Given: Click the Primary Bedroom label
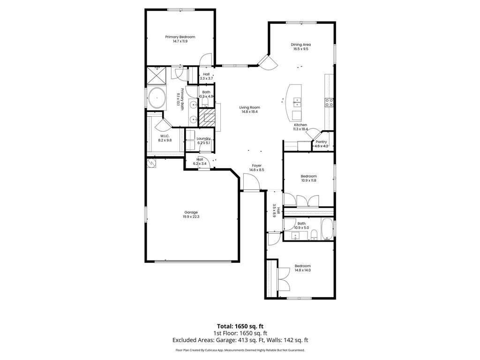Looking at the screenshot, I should click(180, 37).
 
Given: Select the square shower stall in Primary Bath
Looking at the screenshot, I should click(156, 75).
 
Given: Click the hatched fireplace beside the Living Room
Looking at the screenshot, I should click(206, 117).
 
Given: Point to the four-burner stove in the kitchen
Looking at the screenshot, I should click(329, 102).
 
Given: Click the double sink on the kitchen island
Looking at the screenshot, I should click(297, 101).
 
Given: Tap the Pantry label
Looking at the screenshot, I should click(321, 142).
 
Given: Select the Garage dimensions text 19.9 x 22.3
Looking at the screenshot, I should click(191, 217).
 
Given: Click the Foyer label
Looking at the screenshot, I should click(256, 165).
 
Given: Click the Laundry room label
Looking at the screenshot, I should click(203, 138).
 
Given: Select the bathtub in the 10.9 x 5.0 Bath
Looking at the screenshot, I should click(327, 229).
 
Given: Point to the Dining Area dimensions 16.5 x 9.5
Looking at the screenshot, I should click(300, 49).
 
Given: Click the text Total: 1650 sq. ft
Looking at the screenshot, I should click(240, 326).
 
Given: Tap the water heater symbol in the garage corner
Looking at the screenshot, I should click(151, 163).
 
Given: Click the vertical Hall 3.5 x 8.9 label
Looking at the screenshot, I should click(276, 212).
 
